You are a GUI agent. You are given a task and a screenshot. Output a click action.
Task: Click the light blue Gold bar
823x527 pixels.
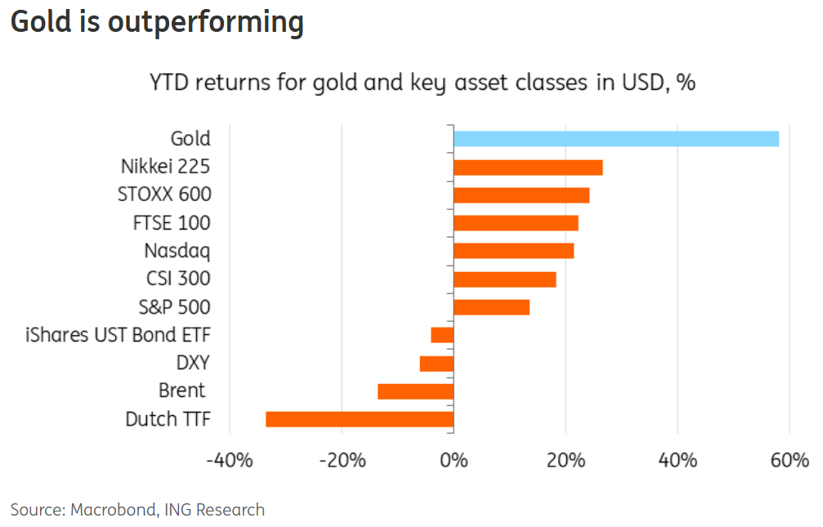[x=616, y=138]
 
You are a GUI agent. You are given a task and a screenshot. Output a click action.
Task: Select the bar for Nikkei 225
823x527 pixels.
[x=528, y=167]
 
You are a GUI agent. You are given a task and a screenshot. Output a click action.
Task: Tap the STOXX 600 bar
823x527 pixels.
[x=521, y=195]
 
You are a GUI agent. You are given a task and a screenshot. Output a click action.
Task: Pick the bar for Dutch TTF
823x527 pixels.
[x=360, y=419]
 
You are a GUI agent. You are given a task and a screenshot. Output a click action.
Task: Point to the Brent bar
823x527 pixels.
[x=415, y=391]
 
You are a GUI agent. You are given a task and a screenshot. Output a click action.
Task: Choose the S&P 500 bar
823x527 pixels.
[x=491, y=307]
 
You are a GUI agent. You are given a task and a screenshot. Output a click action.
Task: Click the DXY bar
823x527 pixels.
[x=436, y=364]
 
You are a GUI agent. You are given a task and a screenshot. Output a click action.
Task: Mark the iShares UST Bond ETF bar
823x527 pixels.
[x=442, y=335]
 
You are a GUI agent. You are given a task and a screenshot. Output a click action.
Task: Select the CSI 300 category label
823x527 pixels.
[x=177, y=279]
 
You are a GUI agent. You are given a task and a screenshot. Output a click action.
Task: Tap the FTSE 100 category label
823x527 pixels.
[x=172, y=223]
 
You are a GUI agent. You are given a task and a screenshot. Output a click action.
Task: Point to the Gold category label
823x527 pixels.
[x=190, y=139]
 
